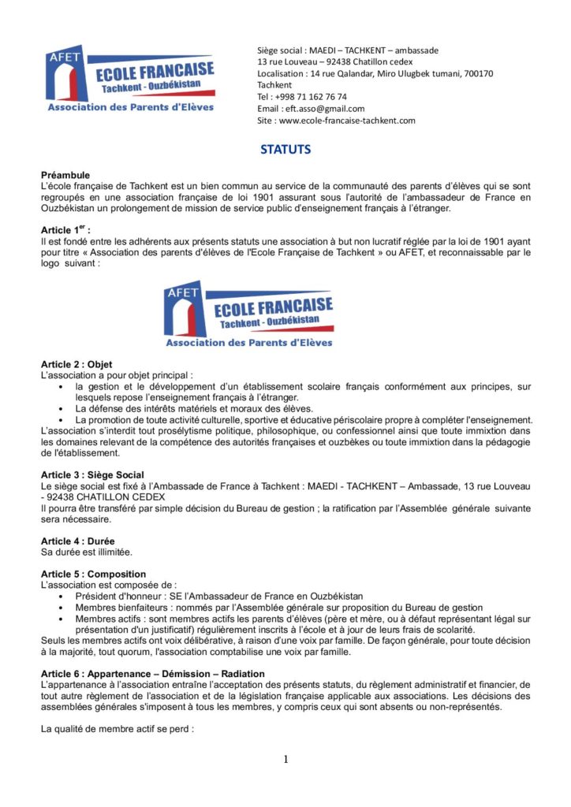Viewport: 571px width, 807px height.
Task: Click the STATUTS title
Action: pos(285,149)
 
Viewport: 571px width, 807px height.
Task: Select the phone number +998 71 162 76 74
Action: pos(309,97)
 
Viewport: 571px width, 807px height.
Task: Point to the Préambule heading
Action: pos(65,175)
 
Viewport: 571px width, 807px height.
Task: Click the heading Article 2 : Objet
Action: pos(77,364)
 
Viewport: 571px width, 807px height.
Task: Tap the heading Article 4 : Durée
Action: pos(78,541)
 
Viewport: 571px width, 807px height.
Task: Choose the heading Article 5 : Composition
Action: pos(93,574)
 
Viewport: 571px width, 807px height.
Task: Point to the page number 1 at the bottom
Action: pos(285,760)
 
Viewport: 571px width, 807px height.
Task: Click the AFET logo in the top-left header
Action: pos(130,79)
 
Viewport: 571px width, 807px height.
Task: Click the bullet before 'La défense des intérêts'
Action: pos(62,408)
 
